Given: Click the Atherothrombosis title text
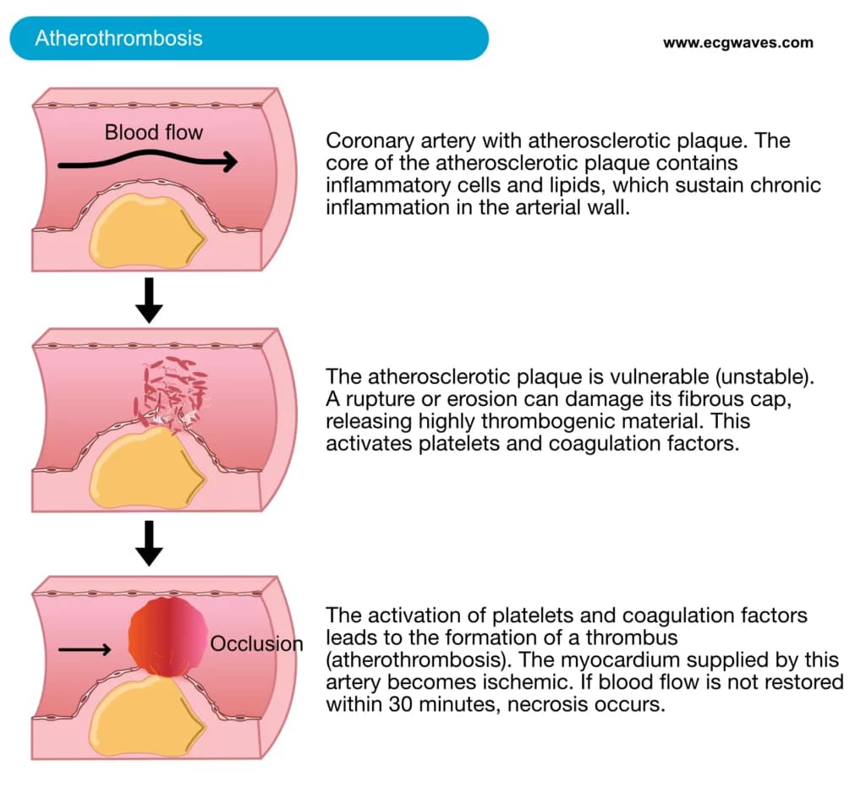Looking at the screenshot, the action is (x=118, y=38).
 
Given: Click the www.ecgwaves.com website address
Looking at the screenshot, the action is (x=737, y=42).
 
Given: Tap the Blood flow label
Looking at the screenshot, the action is (x=154, y=133).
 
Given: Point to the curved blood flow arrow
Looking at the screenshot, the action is (x=147, y=160).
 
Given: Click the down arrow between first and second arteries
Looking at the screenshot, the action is (x=149, y=300).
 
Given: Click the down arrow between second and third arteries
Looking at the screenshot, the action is (x=149, y=544).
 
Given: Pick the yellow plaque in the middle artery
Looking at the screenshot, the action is (x=146, y=468).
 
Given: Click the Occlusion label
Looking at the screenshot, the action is (x=256, y=644).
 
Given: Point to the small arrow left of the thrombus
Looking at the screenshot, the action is (x=85, y=649).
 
